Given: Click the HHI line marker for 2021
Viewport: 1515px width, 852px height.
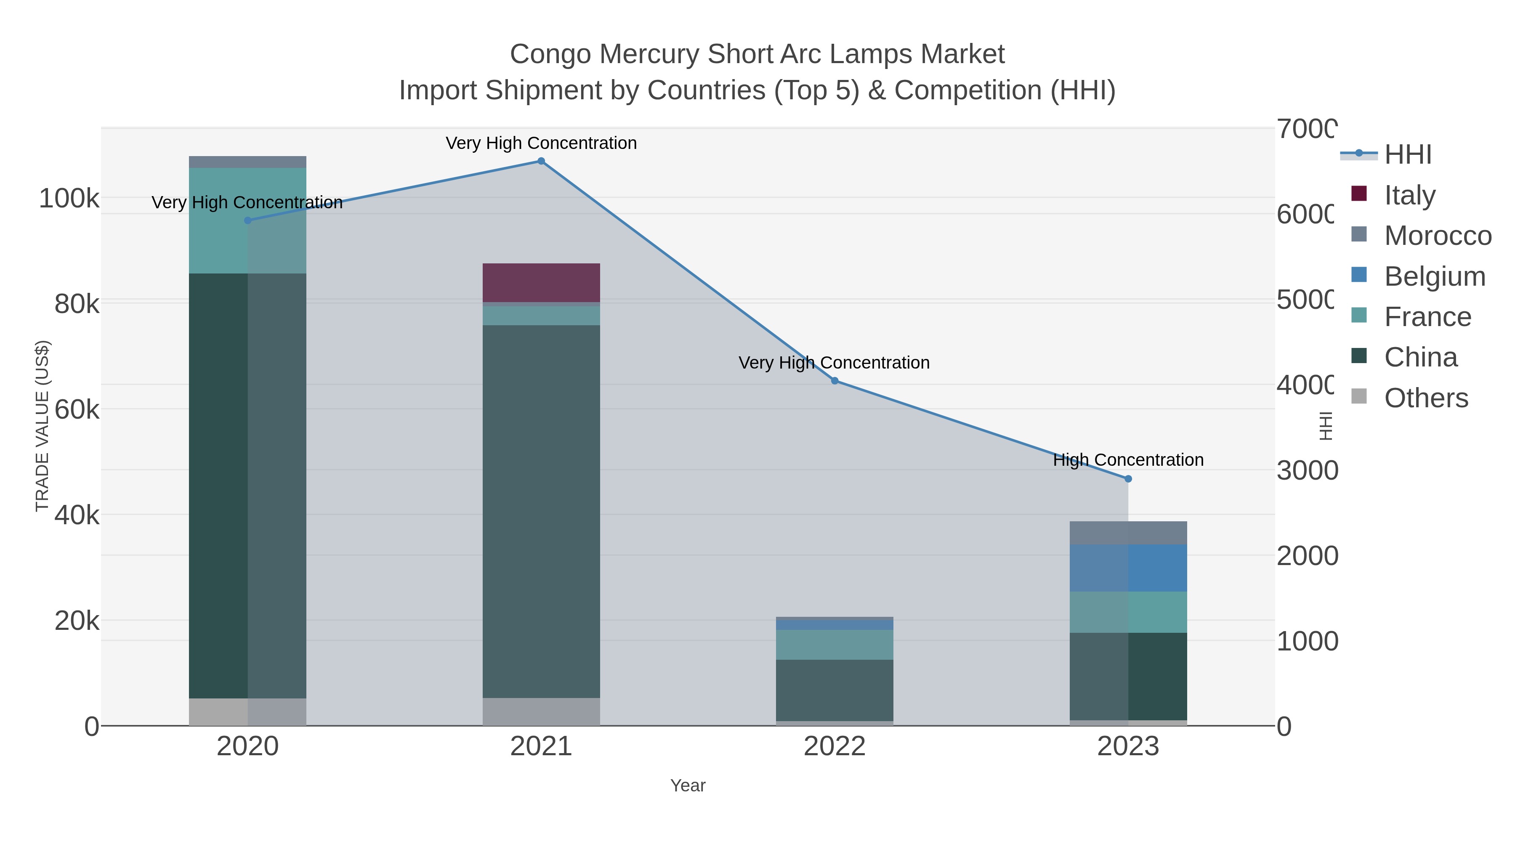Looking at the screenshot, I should click(x=541, y=161).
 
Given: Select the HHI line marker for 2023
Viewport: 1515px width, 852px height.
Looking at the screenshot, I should click(x=1128, y=479).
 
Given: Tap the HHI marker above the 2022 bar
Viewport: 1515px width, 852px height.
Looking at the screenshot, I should click(x=835, y=381).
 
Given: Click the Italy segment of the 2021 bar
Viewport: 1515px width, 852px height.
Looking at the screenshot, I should click(x=541, y=283).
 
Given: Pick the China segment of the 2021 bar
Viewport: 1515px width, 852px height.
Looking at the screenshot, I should click(x=541, y=512).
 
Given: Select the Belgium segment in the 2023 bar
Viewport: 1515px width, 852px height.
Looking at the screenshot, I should click(x=1128, y=568).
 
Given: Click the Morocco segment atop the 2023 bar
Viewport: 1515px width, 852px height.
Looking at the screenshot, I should click(x=1128, y=533).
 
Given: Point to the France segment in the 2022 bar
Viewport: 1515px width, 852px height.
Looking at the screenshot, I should click(x=835, y=645).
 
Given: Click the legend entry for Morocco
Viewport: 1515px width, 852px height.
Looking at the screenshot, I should click(x=1438, y=236).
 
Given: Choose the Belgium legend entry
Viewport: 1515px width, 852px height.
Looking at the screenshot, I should click(x=1435, y=276).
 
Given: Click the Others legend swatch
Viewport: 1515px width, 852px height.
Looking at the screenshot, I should click(x=1359, y=397).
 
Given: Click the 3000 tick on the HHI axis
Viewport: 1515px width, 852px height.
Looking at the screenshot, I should click(x=1307, y=470).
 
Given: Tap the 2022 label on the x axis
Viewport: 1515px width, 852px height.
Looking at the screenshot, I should click(x=835, y=747).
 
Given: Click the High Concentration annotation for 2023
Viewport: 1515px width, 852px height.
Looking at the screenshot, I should click(x=1128, y=460).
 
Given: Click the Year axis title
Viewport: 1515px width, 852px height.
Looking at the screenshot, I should click(x=688, y=786).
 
